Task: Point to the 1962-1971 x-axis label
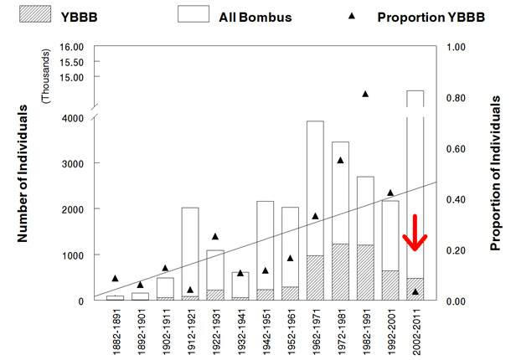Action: [316, 332]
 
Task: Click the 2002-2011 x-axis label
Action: [416, 332]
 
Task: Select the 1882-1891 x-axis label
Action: [115, 332]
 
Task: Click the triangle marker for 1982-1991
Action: [366, 93]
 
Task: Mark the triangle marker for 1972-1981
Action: [341, 159]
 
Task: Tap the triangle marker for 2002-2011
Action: [416, 291]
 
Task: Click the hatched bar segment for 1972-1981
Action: [341, 272]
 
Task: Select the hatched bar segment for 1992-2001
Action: [391, 285]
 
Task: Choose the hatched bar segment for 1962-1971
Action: [316, 278]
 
